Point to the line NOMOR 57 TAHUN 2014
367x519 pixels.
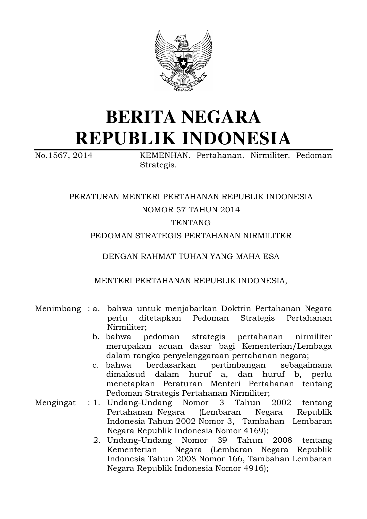click(191, 210)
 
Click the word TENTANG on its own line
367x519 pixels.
click(191, 223)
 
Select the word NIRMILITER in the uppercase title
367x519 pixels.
click(267, 236)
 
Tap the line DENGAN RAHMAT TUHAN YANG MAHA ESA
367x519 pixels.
click(191, 256)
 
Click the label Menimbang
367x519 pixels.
click(58, 309)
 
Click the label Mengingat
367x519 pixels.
click(55, 403)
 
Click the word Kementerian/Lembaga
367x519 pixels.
click(287, 346)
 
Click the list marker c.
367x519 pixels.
click(95, 365)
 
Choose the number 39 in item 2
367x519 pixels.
click(222, 440)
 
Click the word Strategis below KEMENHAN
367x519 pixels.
click(158, 165)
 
